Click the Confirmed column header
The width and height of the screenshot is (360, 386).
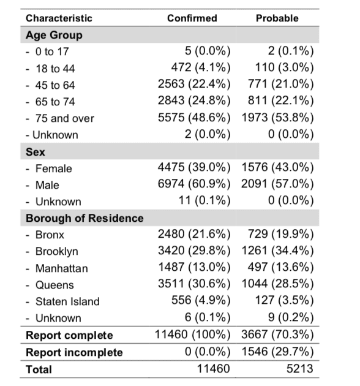(x=192, y=18)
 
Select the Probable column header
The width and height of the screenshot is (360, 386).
(x=277, y=18)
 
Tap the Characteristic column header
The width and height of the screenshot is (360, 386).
(x=59, y=18)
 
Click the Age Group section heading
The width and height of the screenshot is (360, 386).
(x=54, y=35)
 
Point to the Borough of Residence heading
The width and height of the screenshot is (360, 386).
(x=84, y=218)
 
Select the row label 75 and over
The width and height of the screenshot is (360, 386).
(x=65, y=118)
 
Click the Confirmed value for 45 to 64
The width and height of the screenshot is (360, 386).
(x=194, y=84)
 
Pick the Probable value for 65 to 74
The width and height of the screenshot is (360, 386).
(x=281, y=100)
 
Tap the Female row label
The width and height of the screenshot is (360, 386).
(x=54, y=168)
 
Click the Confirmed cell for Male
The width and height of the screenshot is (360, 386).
(x=194, y=184)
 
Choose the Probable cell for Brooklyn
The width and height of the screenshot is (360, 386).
(x=278, y=251)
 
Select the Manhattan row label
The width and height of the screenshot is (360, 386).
(x=61, y=268)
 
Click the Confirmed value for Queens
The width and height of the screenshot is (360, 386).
(x=194, y=284)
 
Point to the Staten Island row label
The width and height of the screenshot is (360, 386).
(x=67, y=301)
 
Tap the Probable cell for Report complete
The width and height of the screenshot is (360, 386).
(x=277, y=335)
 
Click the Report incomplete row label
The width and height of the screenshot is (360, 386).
(x=74, y=352)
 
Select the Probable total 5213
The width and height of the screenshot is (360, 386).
(x=300, y=369)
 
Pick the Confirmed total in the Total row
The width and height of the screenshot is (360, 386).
(x=214, y=369)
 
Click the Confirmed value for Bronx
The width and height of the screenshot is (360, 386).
(x=194, y=234)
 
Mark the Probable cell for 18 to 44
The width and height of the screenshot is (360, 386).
(x=285, y=67)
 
